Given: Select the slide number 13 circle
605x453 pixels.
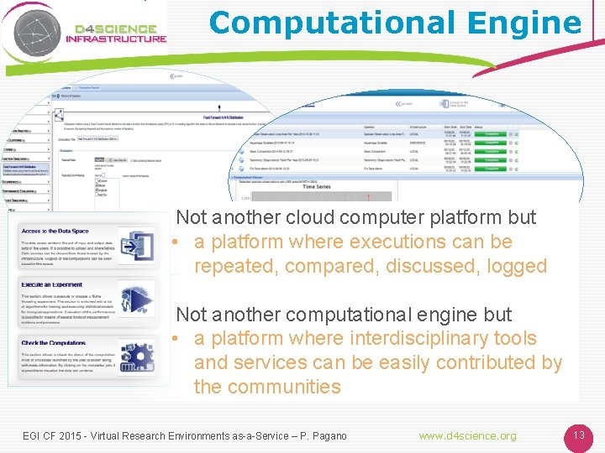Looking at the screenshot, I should point(578,435).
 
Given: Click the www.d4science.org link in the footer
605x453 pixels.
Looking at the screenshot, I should point(468,436).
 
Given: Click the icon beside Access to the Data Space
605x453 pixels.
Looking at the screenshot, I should point(137,247).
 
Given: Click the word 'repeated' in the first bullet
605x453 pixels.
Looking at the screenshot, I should point(232,267).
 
